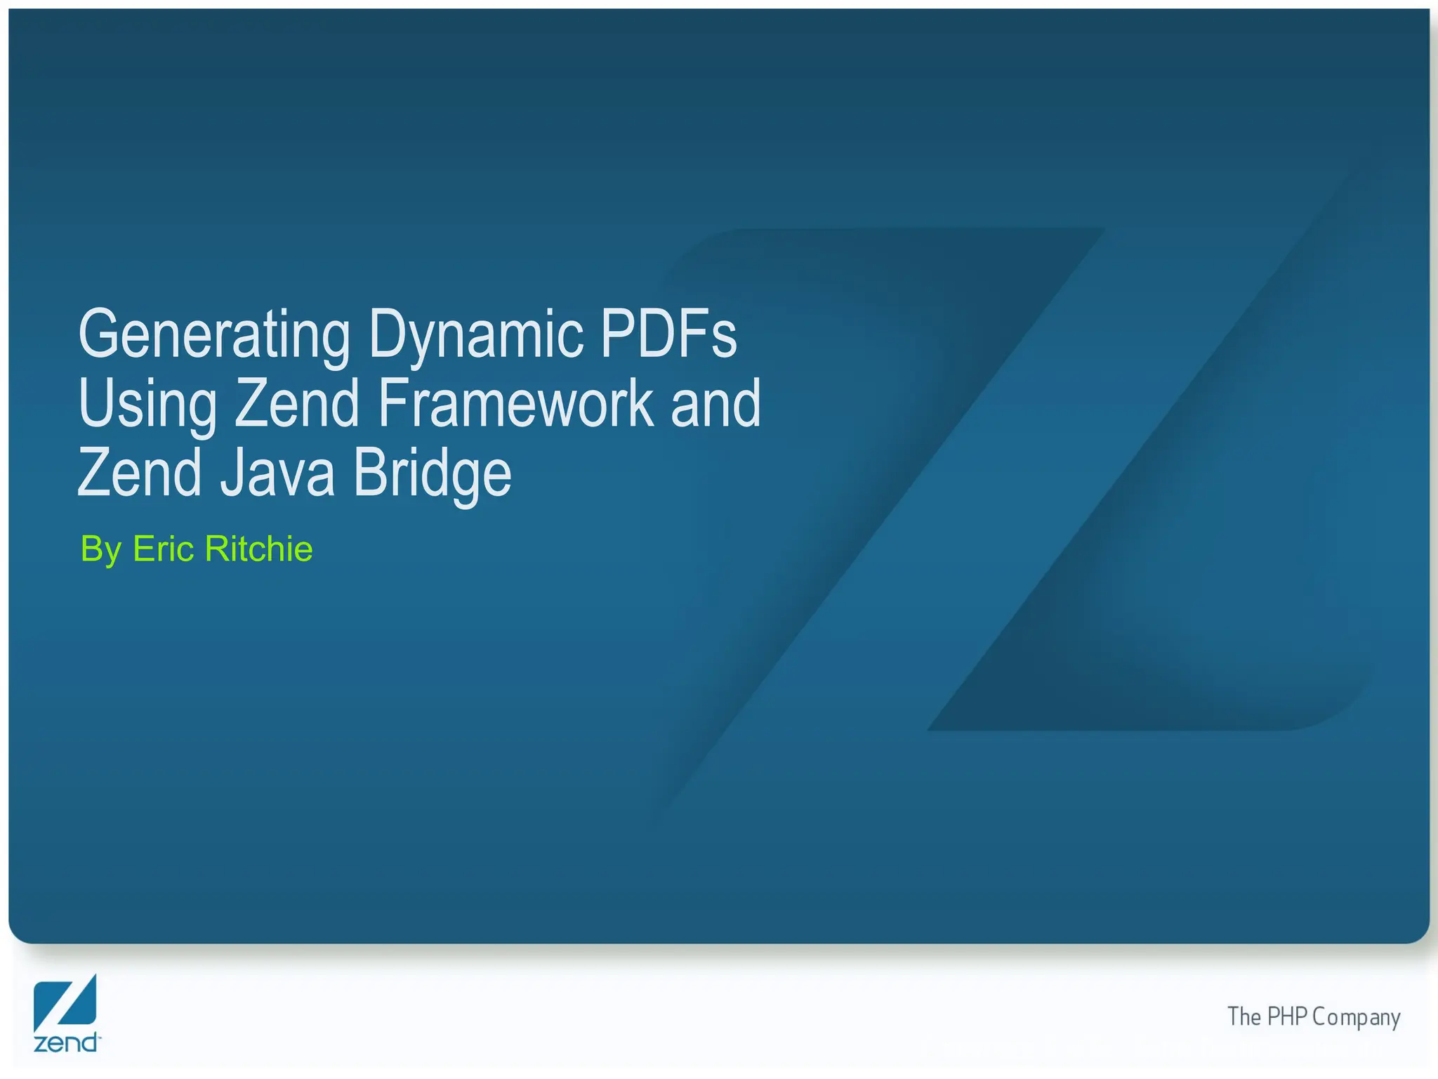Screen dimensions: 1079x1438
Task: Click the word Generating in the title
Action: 214,334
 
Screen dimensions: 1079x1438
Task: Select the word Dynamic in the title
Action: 475,334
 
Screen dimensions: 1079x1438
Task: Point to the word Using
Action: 147,403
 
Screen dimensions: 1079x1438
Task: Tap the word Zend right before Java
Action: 140,472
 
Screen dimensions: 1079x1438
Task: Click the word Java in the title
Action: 277,472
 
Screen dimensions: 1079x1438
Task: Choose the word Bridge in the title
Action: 433,473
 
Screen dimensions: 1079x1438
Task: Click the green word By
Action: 101,549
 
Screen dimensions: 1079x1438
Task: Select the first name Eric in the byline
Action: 163,549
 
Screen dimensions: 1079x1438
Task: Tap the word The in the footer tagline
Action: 1244,1016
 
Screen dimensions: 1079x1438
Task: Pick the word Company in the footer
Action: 1356,1018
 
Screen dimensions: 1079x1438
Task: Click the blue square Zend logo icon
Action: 65,1002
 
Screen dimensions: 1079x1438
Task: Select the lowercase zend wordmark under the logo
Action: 66,1042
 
